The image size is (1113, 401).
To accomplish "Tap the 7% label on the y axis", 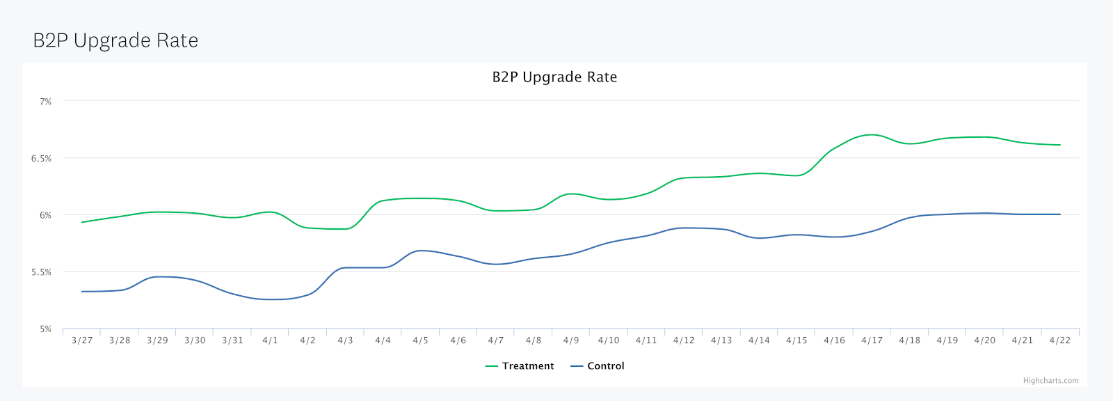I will (45, 102).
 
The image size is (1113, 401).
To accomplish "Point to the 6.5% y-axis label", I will (41, 159).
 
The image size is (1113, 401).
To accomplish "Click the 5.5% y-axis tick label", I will (41, 272).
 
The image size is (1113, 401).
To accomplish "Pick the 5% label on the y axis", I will (45, 329).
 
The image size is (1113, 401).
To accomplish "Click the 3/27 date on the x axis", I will (82, 340).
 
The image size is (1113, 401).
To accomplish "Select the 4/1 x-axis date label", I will (270, 340).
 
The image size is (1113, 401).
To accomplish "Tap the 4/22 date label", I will (1059, 340).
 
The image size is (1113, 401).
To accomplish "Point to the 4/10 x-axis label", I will (609, 340).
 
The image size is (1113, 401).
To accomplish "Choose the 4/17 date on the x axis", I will (872, 340).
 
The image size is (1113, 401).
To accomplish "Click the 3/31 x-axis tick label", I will (232, 340).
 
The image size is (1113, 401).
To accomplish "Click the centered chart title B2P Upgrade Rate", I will (554, 77).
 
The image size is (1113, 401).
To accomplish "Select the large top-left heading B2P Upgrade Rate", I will (115, 40).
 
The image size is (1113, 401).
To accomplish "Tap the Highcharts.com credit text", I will (1050, 381).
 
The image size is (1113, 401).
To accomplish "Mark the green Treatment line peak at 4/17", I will (872, 134).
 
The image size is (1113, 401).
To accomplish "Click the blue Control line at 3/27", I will (82, 292).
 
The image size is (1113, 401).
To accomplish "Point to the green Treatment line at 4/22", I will (1059, 145).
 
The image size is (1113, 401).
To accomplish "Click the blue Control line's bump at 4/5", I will (420, 251).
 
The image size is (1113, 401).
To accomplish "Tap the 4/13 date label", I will (721, 340).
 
